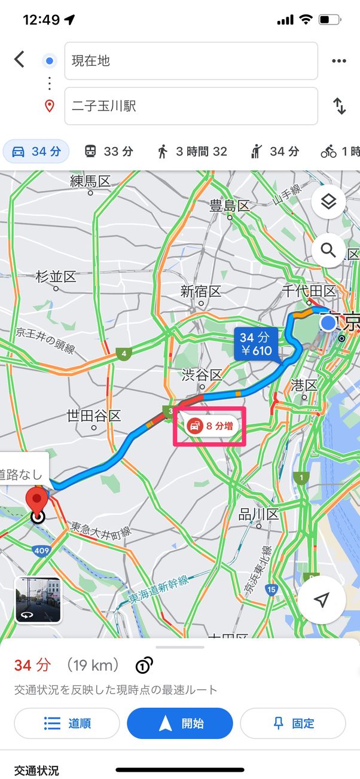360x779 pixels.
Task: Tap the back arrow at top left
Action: (20, 59)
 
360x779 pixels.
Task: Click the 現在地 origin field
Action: (191, 60)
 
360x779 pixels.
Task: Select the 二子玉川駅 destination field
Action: (191, 106)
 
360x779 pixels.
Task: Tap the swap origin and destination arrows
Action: (339, 106)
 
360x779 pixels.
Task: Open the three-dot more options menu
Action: (339, 60)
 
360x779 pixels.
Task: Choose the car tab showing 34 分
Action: (36, 152)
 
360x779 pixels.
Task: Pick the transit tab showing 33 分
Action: (108, 152)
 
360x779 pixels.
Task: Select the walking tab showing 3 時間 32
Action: (192, 152)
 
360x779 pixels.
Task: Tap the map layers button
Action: (328, 202)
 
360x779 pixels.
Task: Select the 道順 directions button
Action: (66, 723)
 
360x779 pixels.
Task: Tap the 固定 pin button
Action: (292, 723)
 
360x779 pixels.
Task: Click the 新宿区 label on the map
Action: (201, 292)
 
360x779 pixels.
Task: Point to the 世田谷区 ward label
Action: (94, 416)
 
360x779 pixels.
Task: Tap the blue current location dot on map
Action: (328, 323)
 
